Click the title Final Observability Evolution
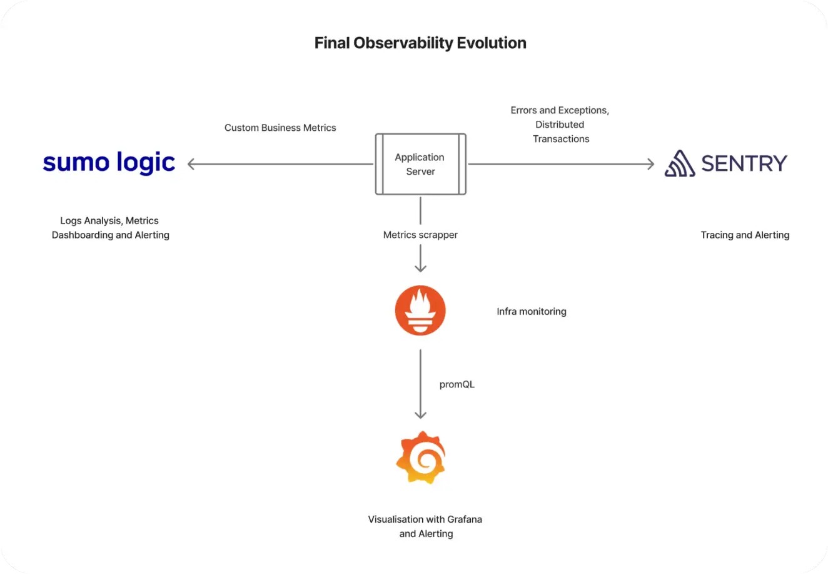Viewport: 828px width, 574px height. click(420, 43)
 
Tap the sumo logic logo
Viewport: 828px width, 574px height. click(109, 163)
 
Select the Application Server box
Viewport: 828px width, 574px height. click(421, 164)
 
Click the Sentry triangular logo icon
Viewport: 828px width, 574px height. click(680, 163)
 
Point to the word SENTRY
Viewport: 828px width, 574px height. click(744, 163)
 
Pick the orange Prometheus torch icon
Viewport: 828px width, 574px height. click(420, 310)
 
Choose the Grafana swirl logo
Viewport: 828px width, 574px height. click(421, 458)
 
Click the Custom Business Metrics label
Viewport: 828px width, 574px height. click(280, 128)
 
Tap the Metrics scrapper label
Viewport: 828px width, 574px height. click(420, 235)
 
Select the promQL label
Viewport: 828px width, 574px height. click(457, 384)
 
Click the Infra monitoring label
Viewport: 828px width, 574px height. click(531, 312)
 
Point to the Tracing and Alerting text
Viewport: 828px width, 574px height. click(745, 235)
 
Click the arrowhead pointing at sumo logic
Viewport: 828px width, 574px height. click(191, 164)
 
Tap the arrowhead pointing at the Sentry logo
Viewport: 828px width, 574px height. click(651, 164)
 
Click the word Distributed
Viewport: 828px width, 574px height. click(560, 125)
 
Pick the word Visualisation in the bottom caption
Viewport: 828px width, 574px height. click(393, 519)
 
